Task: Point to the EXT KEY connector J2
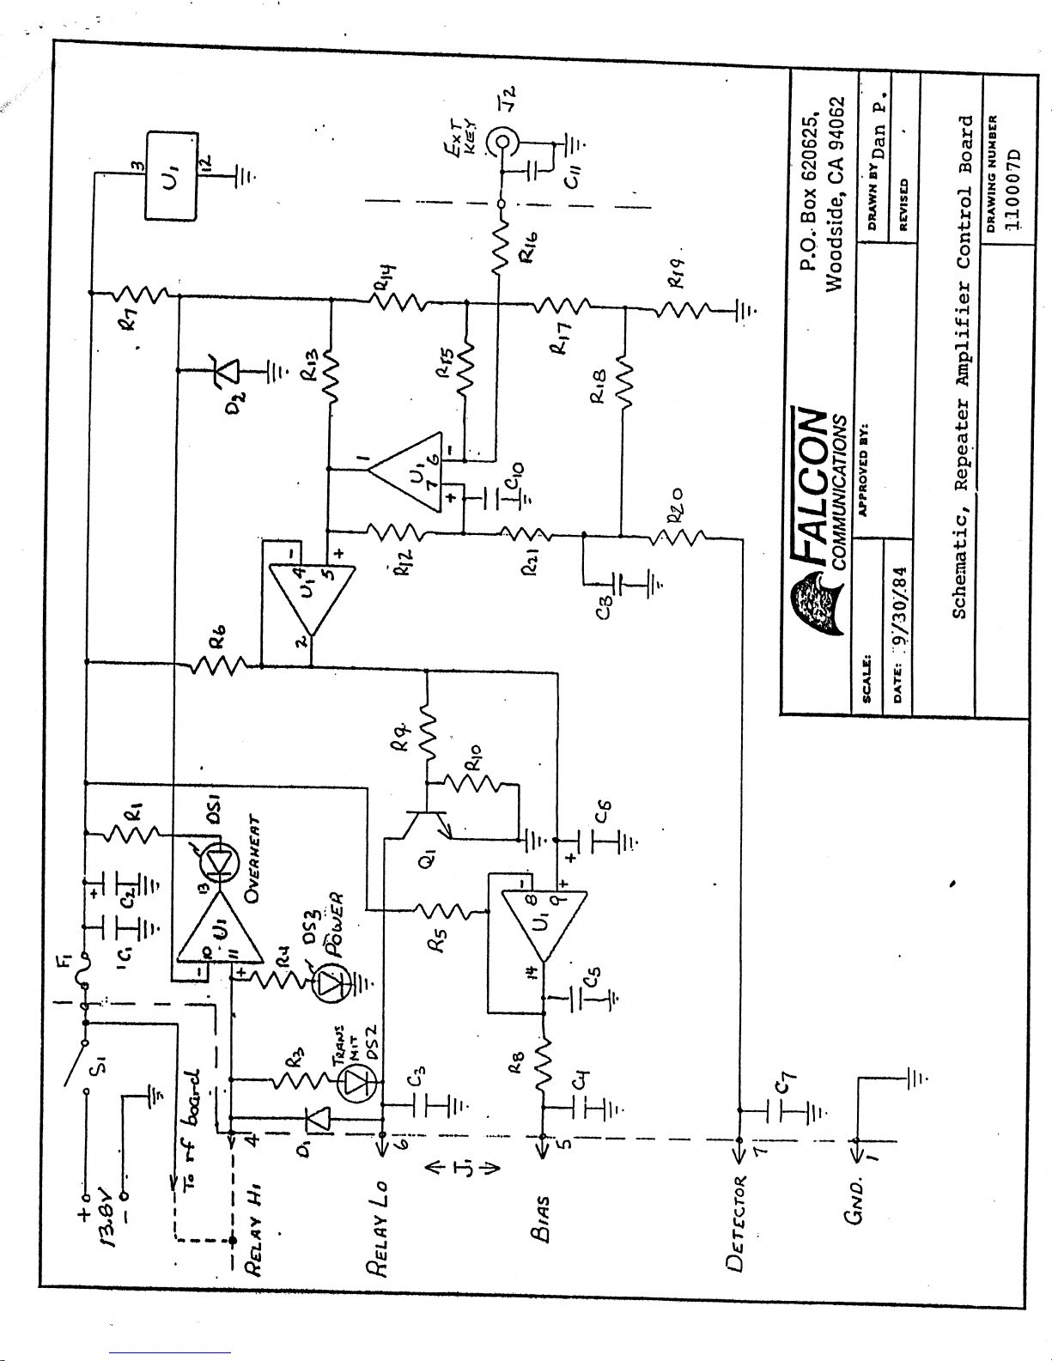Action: coord(500,139)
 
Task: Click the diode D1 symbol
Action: coord(318,1117)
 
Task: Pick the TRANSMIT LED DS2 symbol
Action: coord(355,1085)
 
